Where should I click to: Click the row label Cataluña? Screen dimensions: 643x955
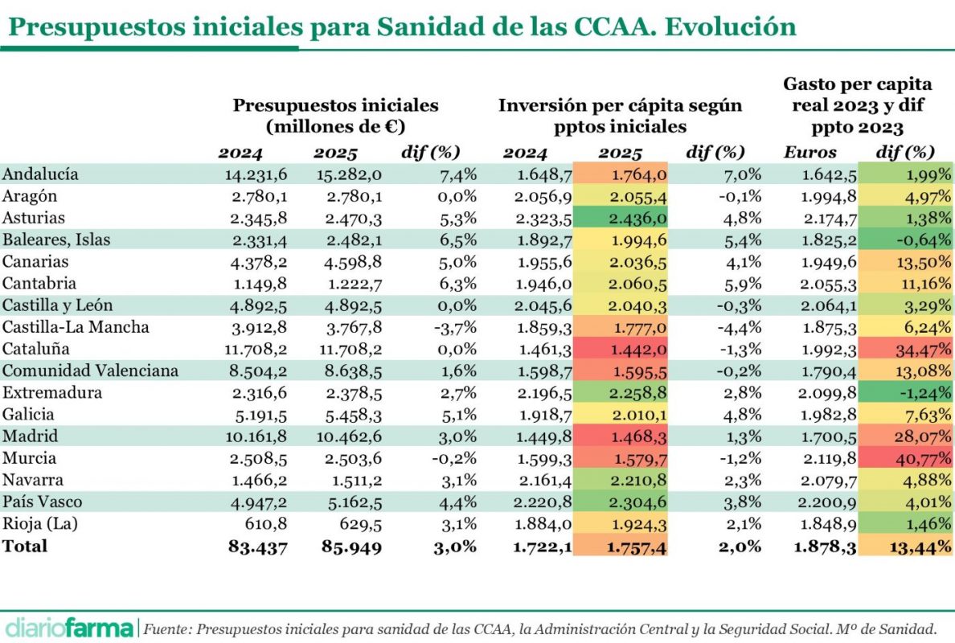35,349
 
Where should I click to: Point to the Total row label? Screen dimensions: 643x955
25,546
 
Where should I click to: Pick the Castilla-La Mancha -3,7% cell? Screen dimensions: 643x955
456,327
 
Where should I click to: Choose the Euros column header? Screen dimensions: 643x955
810,153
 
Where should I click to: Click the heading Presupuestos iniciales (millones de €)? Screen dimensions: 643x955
335,116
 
